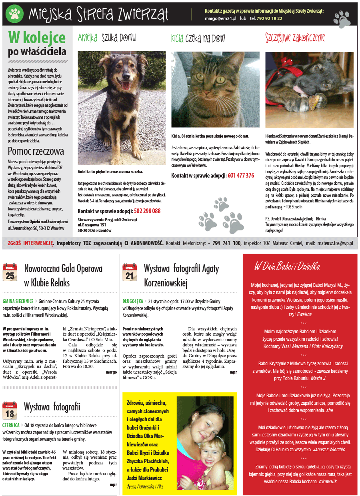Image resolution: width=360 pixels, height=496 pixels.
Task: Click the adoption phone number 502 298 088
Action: [147, 211]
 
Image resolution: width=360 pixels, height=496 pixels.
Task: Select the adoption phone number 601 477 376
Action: [241, 175]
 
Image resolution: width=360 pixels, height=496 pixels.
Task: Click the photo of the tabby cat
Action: [215, 89]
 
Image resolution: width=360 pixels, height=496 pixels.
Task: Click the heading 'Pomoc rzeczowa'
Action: [36, 151]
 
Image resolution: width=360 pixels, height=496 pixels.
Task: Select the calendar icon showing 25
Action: [10, 272]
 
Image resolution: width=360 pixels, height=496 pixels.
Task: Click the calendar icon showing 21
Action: [130, 272]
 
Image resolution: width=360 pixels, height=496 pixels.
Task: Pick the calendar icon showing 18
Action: [10, 410]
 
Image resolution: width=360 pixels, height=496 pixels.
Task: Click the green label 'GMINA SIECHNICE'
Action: [18, 301]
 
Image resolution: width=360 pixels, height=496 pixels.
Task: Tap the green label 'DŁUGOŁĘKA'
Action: [134, 301]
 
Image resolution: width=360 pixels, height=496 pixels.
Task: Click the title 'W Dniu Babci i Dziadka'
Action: [287, 266]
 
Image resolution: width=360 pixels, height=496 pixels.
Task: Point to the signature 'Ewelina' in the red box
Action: [304, 314]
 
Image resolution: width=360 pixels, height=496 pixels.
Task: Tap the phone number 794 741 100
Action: [226, 243]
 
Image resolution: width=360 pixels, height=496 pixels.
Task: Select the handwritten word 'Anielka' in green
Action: [88, 38]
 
